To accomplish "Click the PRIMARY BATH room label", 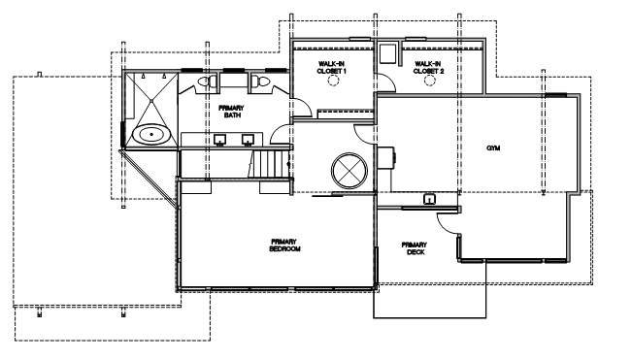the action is (x=231, y=112).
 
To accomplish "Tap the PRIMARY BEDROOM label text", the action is (x=285, y=245).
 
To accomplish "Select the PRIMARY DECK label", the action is (x=414, y=248).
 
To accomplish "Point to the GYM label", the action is (x=493, y=148).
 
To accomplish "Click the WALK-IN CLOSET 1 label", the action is (x=332, y=67).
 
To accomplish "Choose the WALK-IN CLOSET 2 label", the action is (x=428, y=67).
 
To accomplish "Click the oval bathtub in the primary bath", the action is (x=152, y=134).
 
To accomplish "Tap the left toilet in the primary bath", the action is (x=207, y=82).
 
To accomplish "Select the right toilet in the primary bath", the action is (x=260, y=82).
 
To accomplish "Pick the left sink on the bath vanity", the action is (x=220, y=140).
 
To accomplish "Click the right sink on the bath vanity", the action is (x=248, y=140).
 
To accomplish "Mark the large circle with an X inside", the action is (x=349, y=171).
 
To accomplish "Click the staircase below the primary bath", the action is (x=269, y=163).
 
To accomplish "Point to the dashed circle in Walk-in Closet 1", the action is (x=333, y=81).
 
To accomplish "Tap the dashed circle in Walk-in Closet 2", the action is (x=430, y=81).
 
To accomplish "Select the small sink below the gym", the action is (x=429, y=199).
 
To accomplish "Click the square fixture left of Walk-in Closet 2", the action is (x=387, y=53).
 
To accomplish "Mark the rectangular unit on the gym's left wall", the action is (x=386, y=156).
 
